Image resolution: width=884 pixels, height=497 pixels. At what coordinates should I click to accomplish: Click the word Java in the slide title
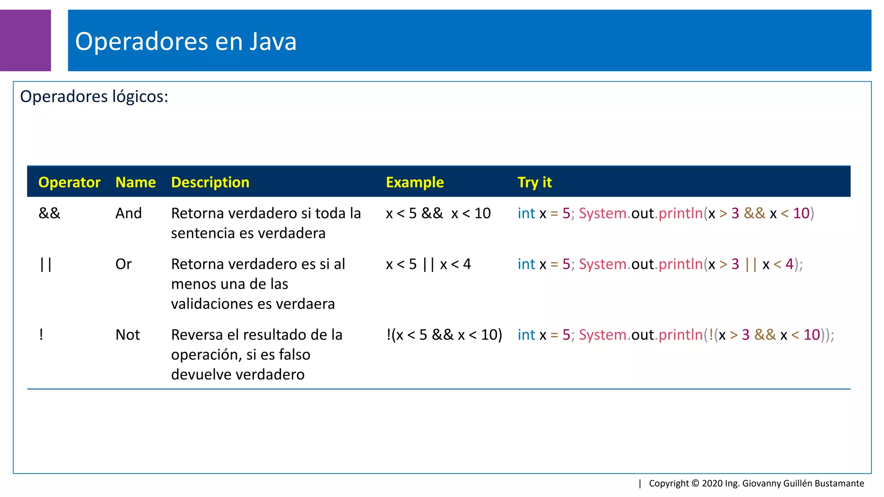click(273, 41)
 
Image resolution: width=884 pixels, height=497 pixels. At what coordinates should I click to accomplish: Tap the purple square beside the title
click(25, 41)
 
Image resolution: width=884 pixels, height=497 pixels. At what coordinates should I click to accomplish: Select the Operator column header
click(69, 182)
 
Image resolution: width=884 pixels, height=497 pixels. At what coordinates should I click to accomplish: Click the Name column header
click(135, 182)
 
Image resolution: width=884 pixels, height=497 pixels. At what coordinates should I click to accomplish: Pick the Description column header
click(210, 182)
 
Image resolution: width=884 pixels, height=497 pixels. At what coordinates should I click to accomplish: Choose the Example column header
click(414, 182)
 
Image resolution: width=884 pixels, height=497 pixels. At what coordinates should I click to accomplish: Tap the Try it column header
click(534, 182)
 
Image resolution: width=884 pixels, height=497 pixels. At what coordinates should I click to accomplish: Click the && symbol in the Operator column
click(50, 213)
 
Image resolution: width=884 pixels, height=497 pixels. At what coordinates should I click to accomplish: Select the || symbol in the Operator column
click(45, 264)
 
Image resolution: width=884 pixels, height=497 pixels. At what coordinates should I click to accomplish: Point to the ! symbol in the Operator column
click(41, 334)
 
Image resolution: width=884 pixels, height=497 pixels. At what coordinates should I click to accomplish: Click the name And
click(128, 213)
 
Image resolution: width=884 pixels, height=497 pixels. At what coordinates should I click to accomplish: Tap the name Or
click(123, 264)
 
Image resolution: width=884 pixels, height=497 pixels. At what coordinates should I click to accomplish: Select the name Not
click(127, 335)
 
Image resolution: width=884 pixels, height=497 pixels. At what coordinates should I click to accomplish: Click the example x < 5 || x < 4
click(428, 264)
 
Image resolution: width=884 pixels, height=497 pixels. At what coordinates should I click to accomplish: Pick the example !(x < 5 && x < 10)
click(444, 335)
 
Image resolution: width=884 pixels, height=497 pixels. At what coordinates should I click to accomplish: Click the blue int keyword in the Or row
click(526, 264)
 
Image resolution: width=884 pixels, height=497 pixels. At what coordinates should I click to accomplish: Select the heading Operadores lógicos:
click(94, 96)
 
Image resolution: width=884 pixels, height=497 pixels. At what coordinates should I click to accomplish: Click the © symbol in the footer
click(695, 483)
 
